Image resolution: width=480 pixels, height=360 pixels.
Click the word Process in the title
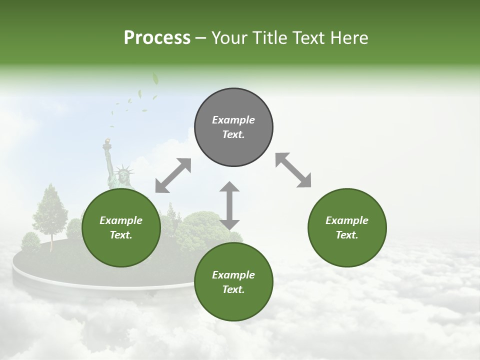tap(157, 38)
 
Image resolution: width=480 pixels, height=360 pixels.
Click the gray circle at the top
tap(233, 127)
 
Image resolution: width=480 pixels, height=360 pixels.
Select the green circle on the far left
tap(121, 228)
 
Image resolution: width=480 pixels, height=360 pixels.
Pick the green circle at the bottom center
tap(233, 282)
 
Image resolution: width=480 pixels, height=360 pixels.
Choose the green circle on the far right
tap(346, 227)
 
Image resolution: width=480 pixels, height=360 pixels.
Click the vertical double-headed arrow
tap(229, 205)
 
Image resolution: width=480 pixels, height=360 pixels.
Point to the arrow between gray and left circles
tap(173, 175)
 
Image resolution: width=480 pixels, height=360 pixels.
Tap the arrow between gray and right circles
tap(293, 170)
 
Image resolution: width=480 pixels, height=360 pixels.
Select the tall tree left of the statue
tap(51, 210)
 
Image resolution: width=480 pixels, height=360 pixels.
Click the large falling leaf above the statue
tap(155, 78)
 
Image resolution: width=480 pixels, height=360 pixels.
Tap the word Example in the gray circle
tap(233, 120)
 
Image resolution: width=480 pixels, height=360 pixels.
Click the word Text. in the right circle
tap(346, 235)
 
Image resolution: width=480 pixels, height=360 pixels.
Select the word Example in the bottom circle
tap(233, 274)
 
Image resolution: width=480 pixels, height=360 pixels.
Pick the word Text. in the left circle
tap(121, 235)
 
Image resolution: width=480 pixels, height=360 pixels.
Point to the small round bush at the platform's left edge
tap(30, 242)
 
